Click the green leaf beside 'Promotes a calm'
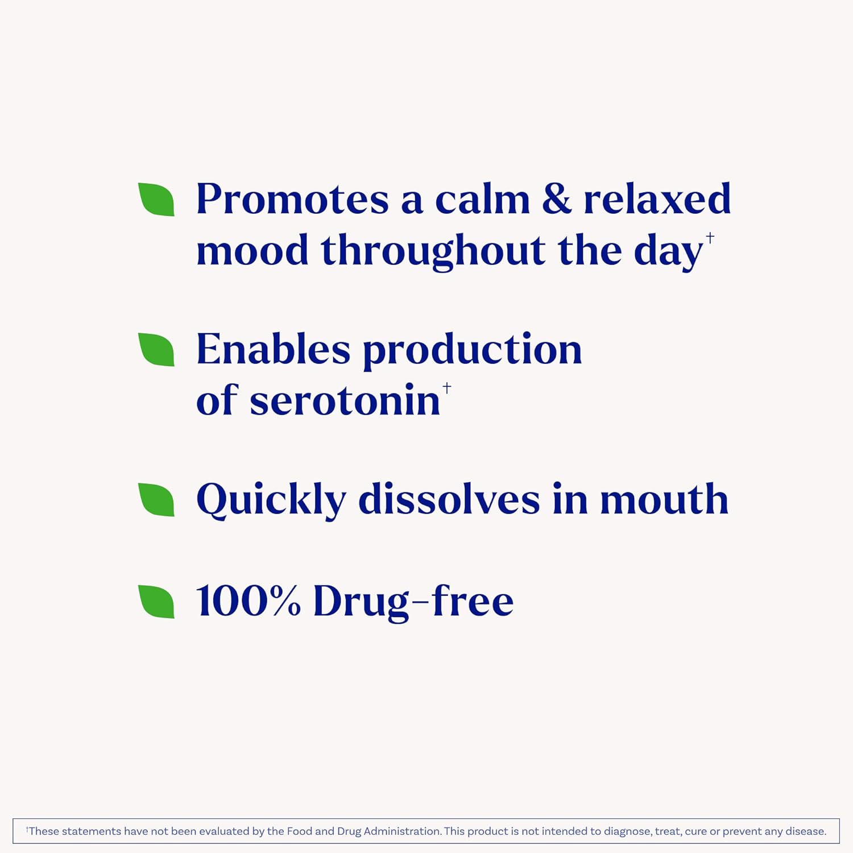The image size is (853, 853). point(157,200)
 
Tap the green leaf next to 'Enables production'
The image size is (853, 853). point(157,350)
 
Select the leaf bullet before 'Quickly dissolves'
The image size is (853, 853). point(157,500)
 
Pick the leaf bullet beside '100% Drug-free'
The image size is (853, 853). point(157,601)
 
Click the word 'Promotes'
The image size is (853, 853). point(292,200)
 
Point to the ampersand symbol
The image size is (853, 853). point(556,200)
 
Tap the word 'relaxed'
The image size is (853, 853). point(657,200)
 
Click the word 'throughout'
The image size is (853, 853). point(432,251)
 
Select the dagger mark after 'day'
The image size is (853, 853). point(710,238)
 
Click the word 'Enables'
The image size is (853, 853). point(273,350)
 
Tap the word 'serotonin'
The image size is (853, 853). point(345,401)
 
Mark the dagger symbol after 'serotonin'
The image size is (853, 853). point(447,388)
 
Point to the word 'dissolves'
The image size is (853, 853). point(449,500)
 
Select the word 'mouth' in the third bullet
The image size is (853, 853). point(664,500)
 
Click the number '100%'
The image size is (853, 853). point(248,601)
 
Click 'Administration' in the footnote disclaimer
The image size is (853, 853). point(402,831)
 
